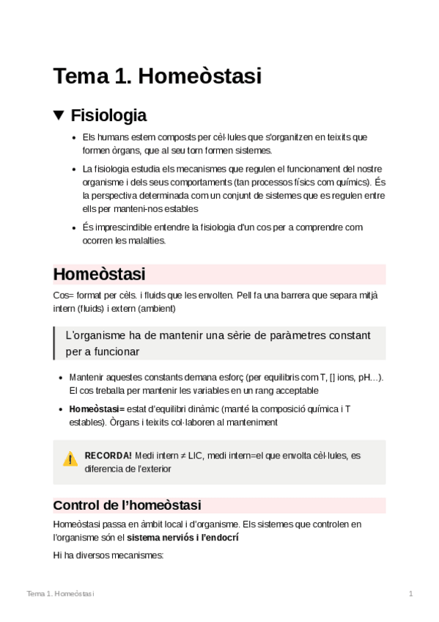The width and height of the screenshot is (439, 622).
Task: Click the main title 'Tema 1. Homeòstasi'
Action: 157,76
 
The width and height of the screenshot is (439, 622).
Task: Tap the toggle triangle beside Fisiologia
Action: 59,115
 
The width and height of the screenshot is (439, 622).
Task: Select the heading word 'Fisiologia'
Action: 108,115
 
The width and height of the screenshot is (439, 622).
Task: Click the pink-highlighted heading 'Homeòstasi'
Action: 99,274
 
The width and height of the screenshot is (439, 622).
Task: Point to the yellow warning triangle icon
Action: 70,459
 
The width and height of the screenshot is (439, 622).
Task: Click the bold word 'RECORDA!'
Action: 108,455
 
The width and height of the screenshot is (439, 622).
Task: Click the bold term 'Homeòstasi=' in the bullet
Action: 97,409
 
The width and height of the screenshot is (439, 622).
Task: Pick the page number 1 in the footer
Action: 411,593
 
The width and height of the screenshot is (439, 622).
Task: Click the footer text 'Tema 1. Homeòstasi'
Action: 60,593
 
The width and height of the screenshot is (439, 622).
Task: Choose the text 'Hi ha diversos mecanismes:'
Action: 108,555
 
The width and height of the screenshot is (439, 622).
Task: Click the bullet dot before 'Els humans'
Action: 73,137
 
